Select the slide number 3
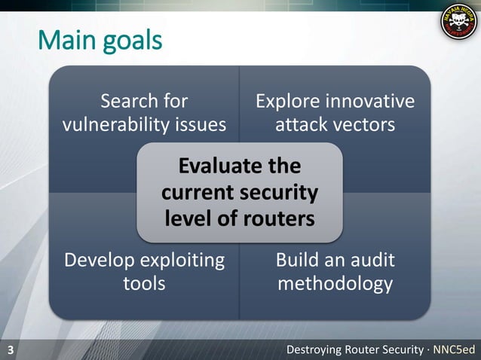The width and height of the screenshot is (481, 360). [x=11, y=350]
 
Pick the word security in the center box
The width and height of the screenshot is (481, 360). [x=280, y=193]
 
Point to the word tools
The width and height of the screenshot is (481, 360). [x=144, y=284]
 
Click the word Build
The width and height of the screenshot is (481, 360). [x=299, y=261]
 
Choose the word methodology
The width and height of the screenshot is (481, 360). [x=335, y=284]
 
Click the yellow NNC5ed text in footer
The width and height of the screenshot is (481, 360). [x=455, y=350]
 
